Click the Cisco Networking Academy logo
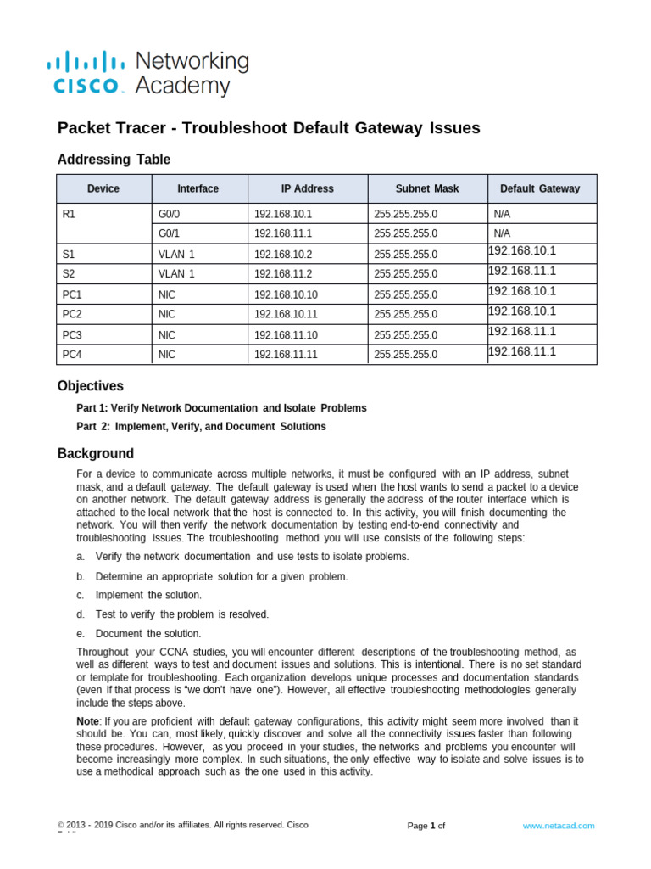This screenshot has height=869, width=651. point(148,73)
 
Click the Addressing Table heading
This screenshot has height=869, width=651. point(114,160)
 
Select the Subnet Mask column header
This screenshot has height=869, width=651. point(427,188)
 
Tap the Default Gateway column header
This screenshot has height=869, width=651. point(540,188)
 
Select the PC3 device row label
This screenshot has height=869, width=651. point(73,334)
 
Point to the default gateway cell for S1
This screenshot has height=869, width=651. point(522,250)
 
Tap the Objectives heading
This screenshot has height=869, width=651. point(90,386)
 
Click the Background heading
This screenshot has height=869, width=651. point(95,453)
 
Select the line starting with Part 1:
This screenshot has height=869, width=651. point(221,408)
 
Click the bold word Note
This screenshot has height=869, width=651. point(87,720)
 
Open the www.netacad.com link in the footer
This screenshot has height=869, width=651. point(558,825)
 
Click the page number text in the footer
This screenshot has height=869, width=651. point(426,826)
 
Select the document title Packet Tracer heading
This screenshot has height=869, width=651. point(268,128)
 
